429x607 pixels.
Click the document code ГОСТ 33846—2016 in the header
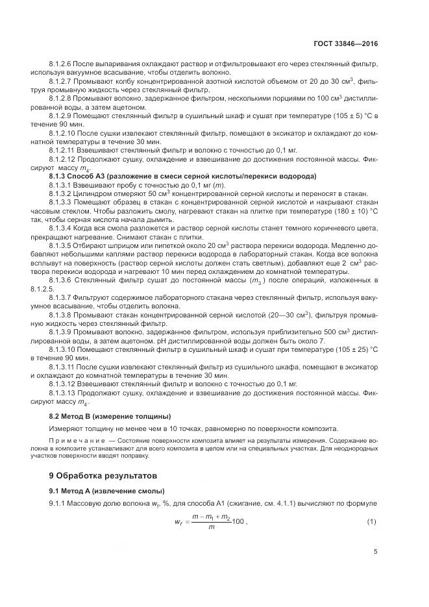click(346, 44)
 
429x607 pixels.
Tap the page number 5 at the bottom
click(375, 552)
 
